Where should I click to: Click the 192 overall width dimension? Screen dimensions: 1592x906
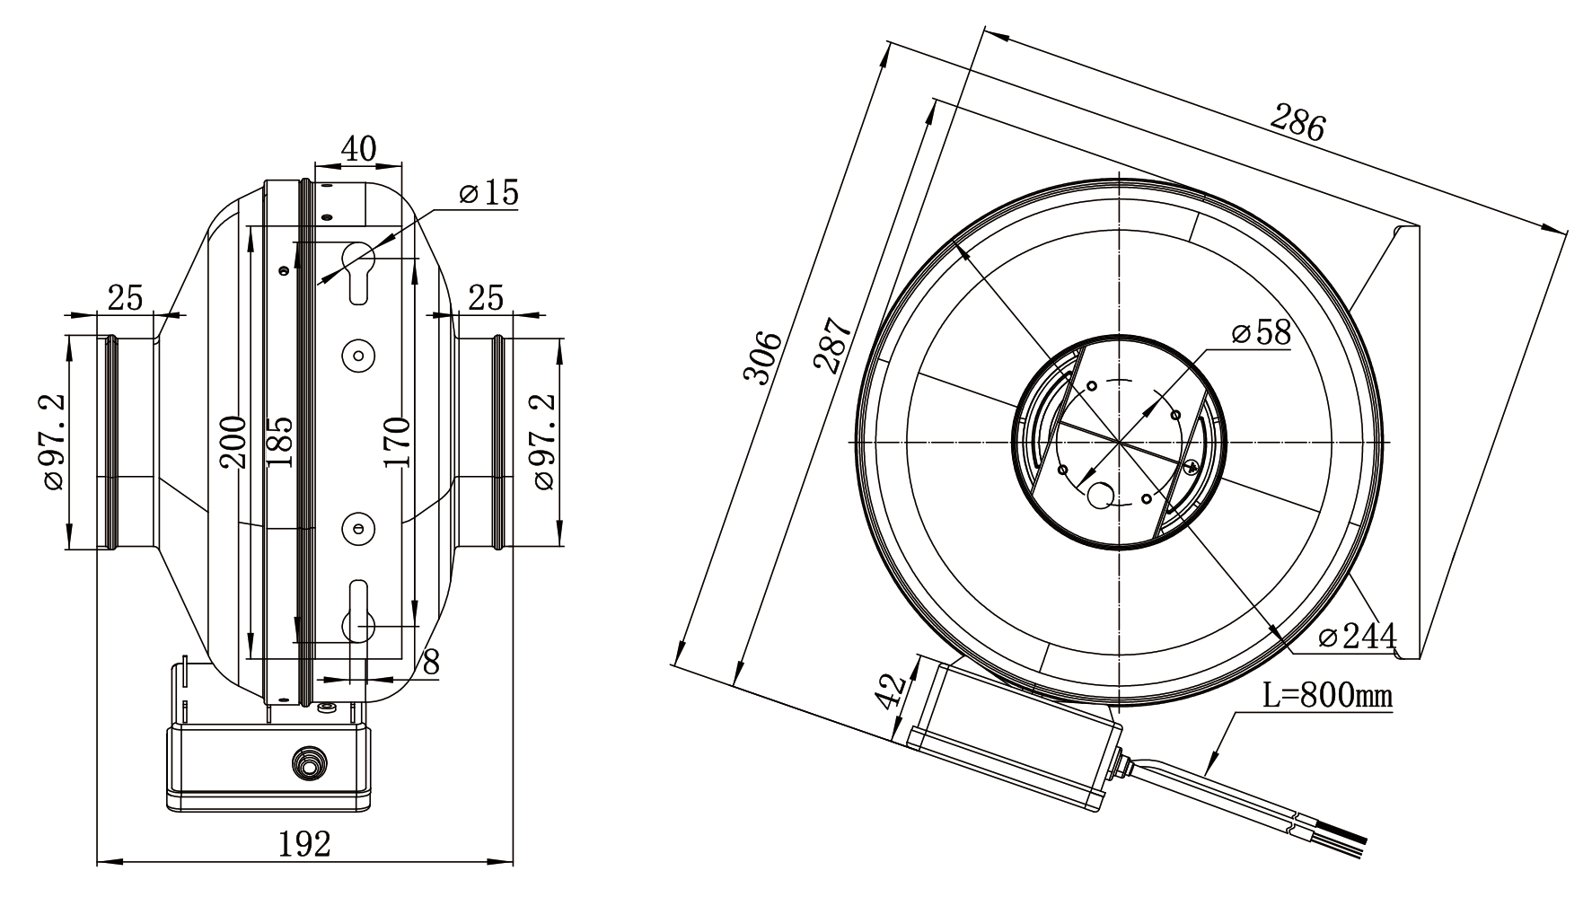pyautogui.click(x=304, y=844)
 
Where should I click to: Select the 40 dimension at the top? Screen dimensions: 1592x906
pyautogui.click(x=358, y=148)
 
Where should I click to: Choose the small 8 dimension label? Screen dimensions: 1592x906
pyautogui.click(x=431, y=663)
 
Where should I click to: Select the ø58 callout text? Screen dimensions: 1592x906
pyautogui.click(x=1262, y=333)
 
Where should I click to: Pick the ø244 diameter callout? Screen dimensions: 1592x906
pyautogui.click(x=1358, y=637)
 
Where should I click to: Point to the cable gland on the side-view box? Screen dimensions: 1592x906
pyautogui.click(x=309, y=764)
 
